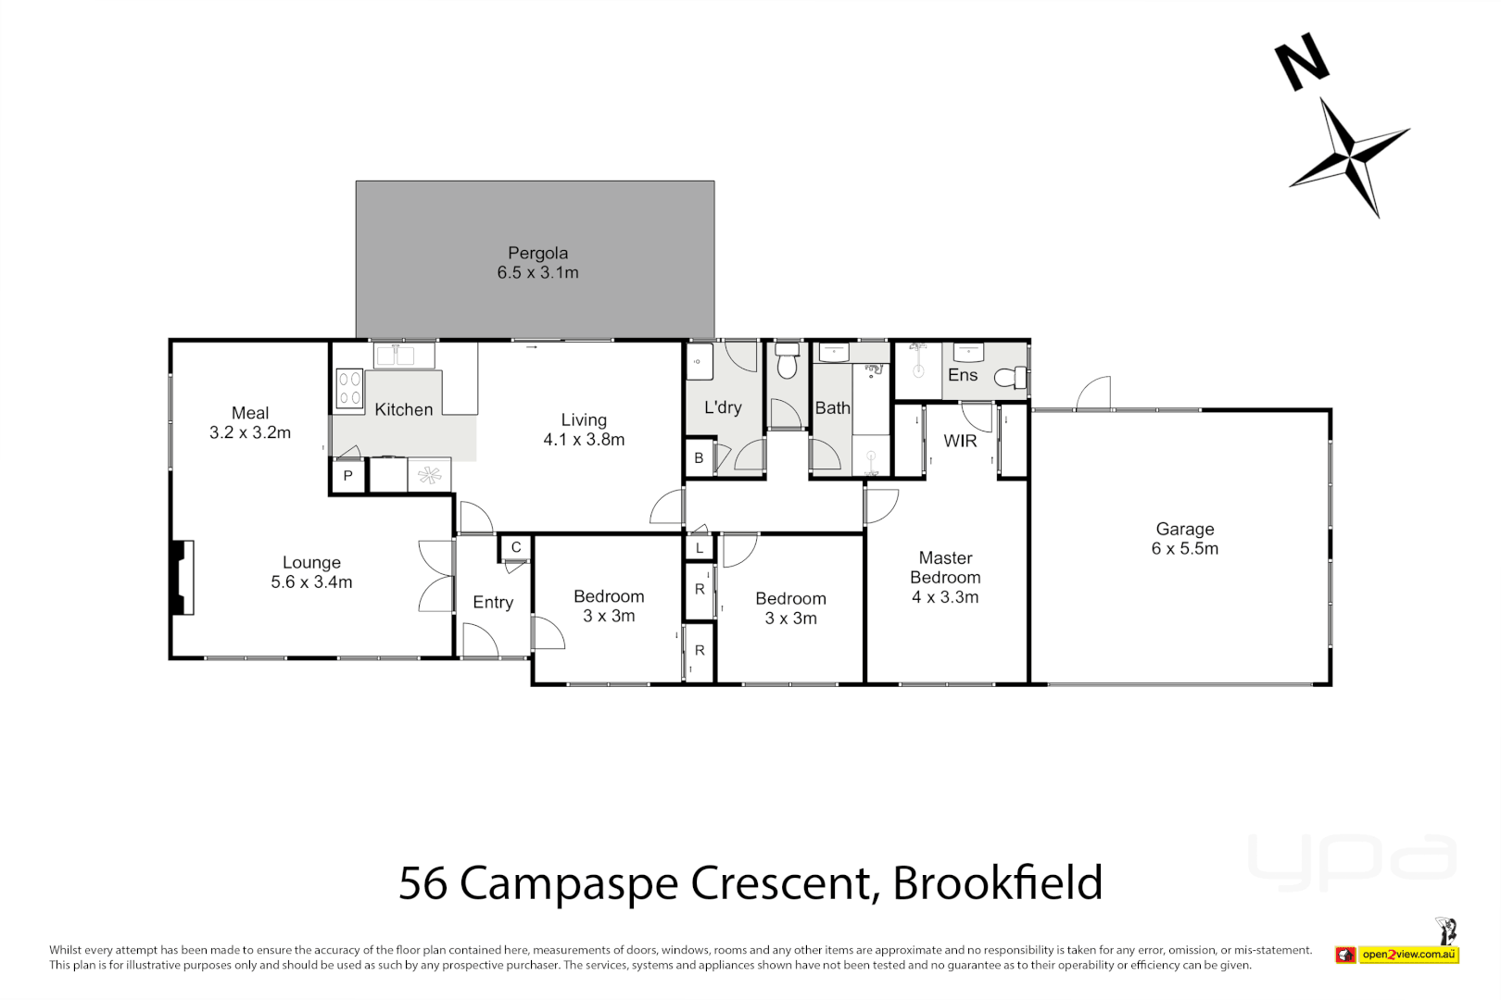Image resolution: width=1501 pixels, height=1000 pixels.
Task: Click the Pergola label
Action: (x=537, y=253)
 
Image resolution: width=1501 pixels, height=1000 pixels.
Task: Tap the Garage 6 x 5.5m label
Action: (x=1185, y=539)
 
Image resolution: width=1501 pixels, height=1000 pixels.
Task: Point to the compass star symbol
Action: (x=1350, y=158)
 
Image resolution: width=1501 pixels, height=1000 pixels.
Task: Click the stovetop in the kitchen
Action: (x=348, y=389)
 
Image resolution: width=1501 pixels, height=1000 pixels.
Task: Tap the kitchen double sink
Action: (x=403, y=355)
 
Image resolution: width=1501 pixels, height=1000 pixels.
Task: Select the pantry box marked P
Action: (x=347, y=476)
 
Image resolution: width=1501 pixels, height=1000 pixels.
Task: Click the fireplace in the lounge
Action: (x=183, y=578)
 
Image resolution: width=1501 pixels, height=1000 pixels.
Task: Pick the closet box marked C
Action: (x=516, y=547)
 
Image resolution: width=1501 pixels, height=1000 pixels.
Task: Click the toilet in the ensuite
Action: (x=1011, y=378)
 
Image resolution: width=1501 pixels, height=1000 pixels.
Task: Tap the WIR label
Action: (x=960, y=441)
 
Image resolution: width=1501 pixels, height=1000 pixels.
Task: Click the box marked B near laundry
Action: (x=699, y=458)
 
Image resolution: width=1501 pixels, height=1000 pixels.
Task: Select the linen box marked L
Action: (x=700, y=548)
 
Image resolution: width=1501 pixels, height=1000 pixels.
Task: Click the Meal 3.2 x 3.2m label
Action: (x=250, y=422)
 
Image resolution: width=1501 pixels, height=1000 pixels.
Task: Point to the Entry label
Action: (x=493, y=602)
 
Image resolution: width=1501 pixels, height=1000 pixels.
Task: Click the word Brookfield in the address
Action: (x=998, y=882)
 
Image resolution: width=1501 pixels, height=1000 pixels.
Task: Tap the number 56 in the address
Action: (x=423, y=882)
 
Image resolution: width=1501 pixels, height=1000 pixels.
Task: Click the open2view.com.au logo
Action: (x=1398, y=954)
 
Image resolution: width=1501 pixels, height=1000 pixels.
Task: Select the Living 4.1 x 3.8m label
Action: (x=584, y=430)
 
